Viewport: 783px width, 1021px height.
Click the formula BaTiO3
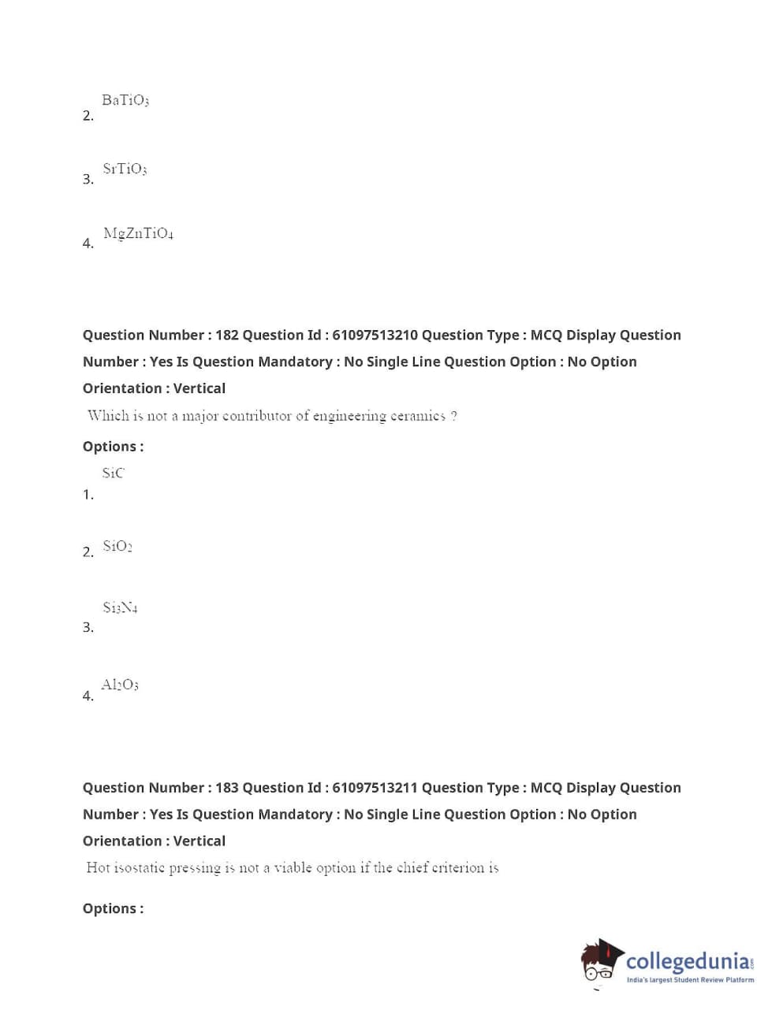click(125, 100)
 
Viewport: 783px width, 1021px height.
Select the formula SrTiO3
click(125, 169)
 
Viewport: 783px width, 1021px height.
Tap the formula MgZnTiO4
click(138, 233)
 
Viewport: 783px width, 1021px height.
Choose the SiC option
click(113, 473)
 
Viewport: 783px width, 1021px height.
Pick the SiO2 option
click(117, 546)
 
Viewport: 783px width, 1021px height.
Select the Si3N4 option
click(120, 607)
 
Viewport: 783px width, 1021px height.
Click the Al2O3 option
click(120, 685)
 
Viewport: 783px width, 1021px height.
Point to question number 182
click(226, 335)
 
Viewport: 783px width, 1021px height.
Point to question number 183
click(226, 788)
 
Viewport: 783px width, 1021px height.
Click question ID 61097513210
click(375, 335)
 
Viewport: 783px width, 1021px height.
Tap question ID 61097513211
click(375, 788)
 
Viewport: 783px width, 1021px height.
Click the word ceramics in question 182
click(418, 415)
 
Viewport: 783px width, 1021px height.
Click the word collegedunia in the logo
click(688, 961)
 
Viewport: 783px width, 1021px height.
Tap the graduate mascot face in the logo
click(599, 963)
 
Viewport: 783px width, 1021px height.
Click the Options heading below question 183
click(113, 908)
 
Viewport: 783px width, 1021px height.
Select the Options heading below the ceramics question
click(113, 447)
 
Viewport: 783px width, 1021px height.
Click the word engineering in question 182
click(349, 415)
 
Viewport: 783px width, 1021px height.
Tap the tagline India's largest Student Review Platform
click(690, 980)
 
